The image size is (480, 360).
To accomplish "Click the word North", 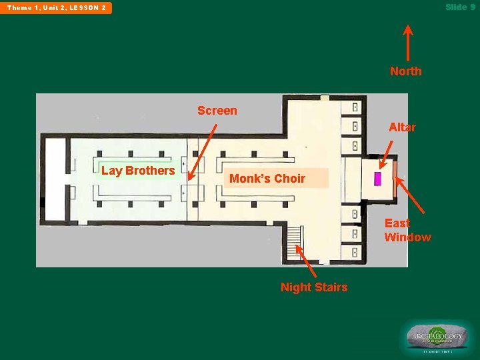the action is [x=405, y=71].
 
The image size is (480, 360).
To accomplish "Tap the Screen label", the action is [x=217, y=111].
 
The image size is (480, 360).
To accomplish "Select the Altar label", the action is [x=402, y=127].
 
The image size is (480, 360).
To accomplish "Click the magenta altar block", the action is [x=377, y=179].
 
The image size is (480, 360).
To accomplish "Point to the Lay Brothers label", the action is [x=138, y=171].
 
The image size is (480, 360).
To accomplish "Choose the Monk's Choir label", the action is [x=267, y=178].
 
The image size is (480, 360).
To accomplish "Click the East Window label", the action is [x=407, y=230].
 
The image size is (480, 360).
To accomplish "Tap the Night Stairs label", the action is [x=313, y=287].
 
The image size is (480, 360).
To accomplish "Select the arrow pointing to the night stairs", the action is [x=306, y=261].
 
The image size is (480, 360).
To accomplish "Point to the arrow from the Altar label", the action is [x=386, y=154].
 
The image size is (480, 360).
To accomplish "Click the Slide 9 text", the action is [x=460, y=7].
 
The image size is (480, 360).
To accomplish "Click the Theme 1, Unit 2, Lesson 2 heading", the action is [x=57, y=8].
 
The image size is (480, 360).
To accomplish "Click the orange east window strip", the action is [x=395, y=179].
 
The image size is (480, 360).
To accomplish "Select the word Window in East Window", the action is [x=407, y=237].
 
